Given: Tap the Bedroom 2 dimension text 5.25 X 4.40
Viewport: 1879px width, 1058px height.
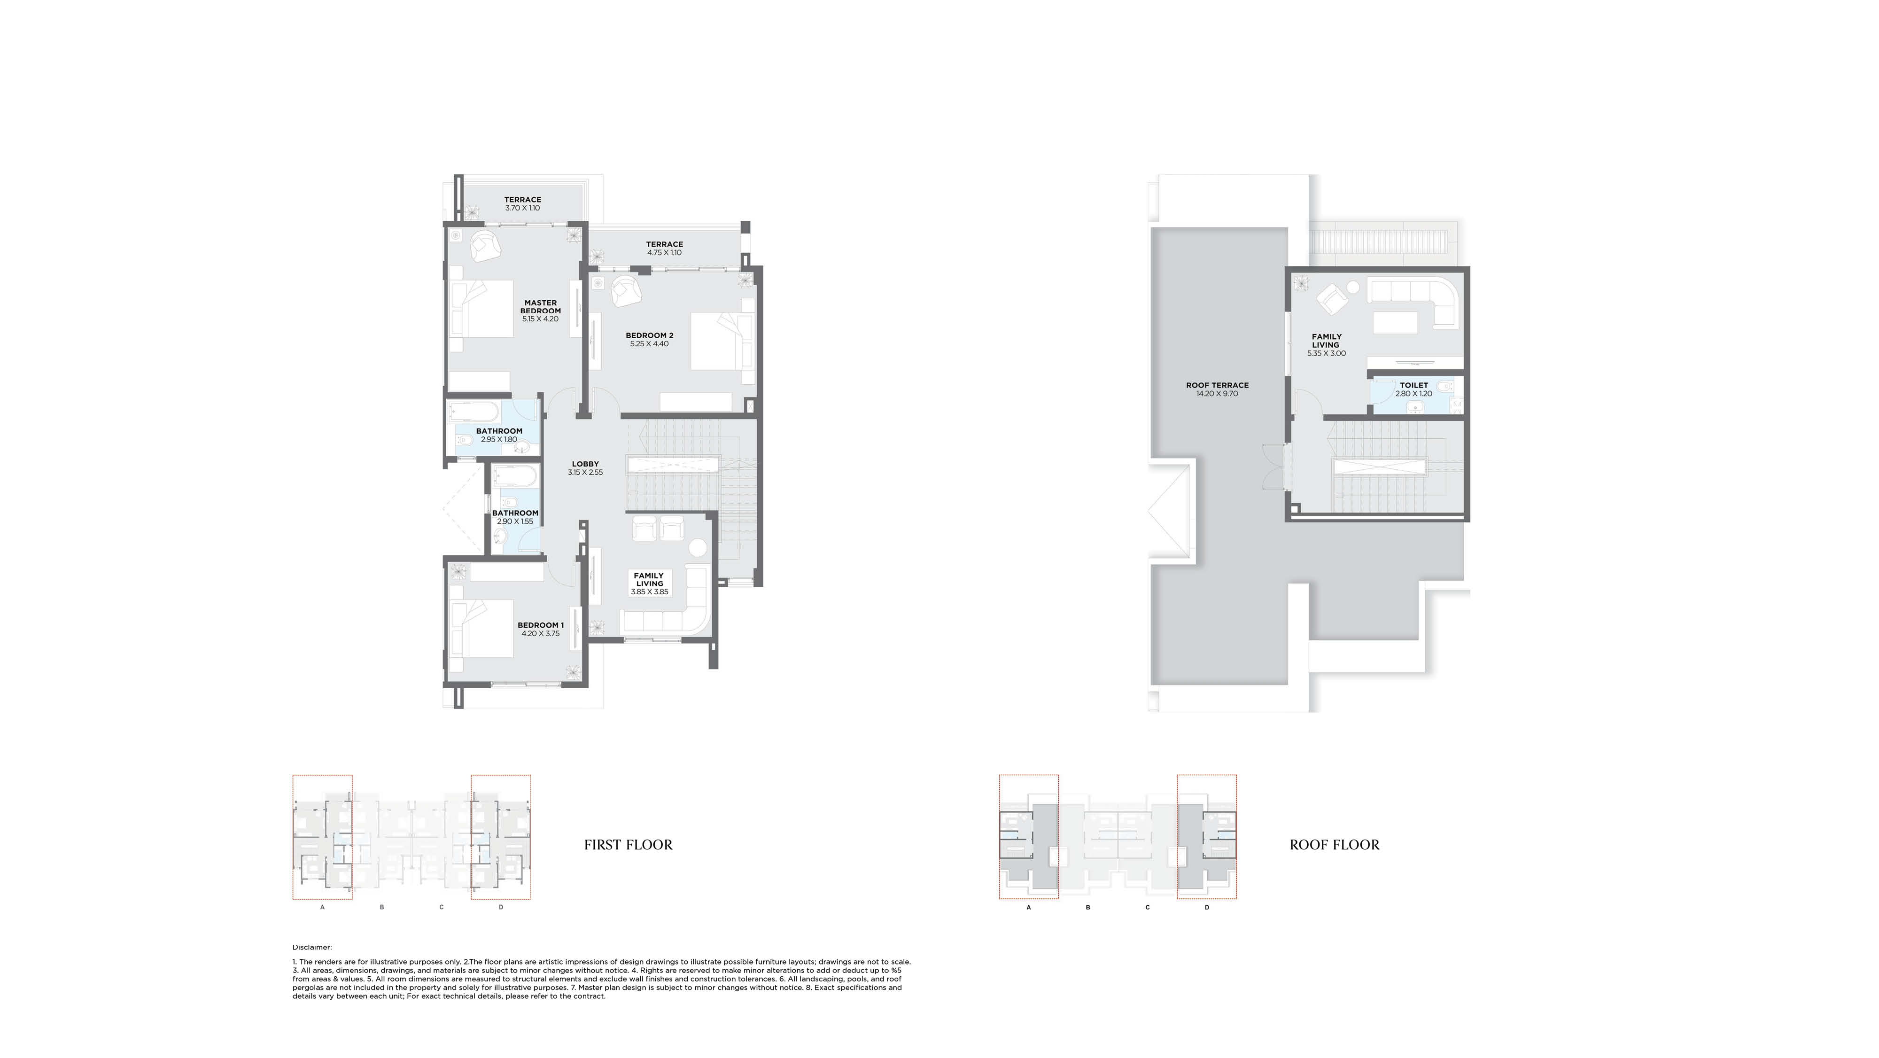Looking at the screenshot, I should (x=649, y=344).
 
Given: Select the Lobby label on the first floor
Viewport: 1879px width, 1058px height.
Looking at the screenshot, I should (x=585, y=464).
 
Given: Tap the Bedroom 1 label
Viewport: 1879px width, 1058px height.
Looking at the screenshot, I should (x=541, y=625).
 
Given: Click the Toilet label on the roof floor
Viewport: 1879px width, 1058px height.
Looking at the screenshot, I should (x=1413, y=385).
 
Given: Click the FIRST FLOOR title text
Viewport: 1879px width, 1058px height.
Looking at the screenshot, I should (x=628, y=845).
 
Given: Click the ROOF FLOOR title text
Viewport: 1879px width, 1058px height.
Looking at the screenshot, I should (x=1334, y=845).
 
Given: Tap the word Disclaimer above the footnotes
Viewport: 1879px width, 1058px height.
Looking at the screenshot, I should (x=312, y=947).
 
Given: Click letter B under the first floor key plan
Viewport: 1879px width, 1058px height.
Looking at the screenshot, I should (x=381, y=908).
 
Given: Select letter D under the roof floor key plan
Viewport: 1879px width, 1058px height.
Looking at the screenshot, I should (x=1206, y=908).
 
